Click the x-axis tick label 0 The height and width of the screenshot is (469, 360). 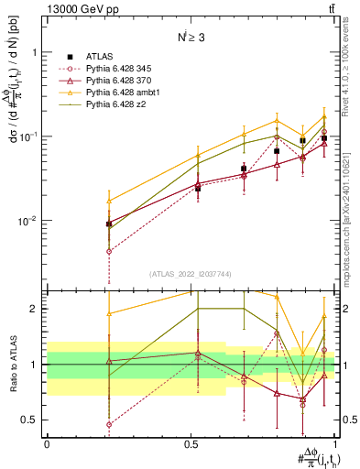click(x=47, y=443)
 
